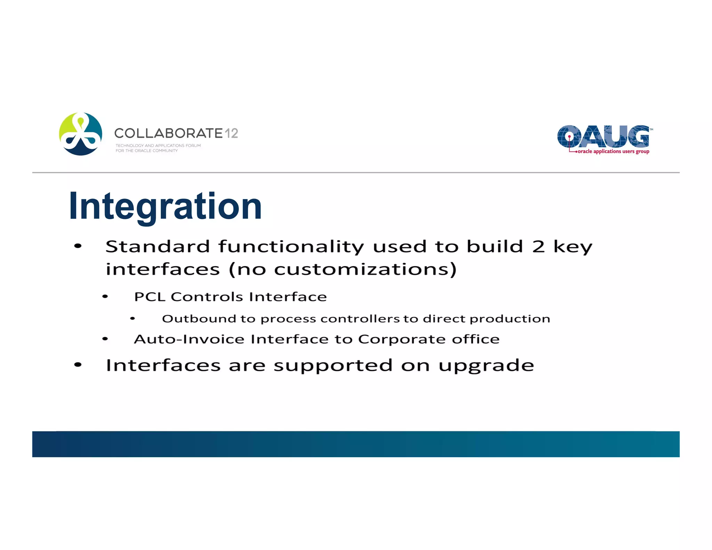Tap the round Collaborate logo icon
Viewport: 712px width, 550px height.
pyautogui.click(x=81, y=134)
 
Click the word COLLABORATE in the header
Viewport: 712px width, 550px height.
pyautogui.click(x=168, y=133)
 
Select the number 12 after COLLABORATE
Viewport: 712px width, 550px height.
pyautogui.click(x=231, y=133)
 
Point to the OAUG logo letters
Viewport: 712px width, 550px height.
pyautogui.click(x=603, y=136)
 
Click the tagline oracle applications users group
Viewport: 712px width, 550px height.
pyautogui.click(x=613, y=152)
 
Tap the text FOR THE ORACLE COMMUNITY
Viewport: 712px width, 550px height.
pyautogui.click(x=146, y=151)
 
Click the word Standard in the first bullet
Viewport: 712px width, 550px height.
pyautogui.click(x=157, y=246)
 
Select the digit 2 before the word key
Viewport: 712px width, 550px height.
pyautogui.click(x=538, y=246)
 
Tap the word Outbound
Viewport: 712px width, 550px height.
pyautogui.click(x=199, y=319)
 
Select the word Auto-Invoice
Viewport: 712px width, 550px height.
pyautogui.click(x=189, y=339)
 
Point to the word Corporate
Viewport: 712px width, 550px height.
pyautogui.click(x=402, y=339)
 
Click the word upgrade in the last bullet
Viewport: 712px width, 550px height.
pyautogui.click(x=486, y=366)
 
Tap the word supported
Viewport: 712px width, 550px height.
pyautogui.click(x=333, y=366)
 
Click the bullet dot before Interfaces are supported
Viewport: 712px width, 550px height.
pyautogui.click(x=78, y=365)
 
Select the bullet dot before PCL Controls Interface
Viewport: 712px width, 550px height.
pyautogui.click(x=105, y=297)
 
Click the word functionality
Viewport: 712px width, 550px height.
pyautogui.click(x=291, y=246)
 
